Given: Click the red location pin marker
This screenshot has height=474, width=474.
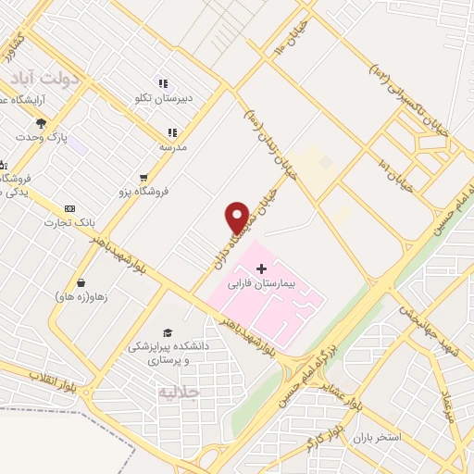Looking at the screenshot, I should coord(237,218).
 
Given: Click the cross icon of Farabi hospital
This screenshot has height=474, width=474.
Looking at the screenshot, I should coord(260,268).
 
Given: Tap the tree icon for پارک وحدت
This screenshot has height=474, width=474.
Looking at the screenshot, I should coord(41,122).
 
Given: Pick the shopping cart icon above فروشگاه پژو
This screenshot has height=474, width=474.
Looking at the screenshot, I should coord(143,178).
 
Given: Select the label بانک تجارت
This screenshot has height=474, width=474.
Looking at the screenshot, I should coord(69,223).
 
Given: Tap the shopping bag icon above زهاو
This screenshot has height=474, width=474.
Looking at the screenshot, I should coord(81,282).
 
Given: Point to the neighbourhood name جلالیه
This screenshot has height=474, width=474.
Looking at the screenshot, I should coord(179,392).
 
